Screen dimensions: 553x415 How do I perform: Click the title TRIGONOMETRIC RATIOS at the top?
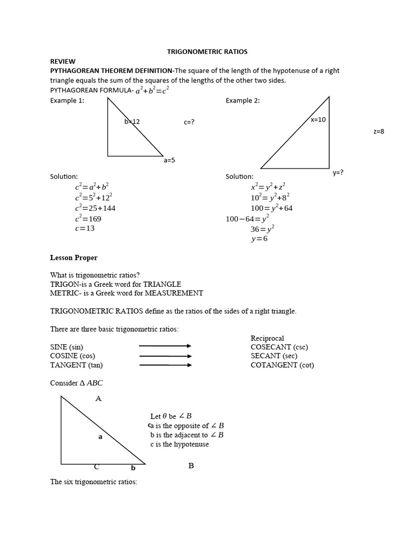click(207, 52)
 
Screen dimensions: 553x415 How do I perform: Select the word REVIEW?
click(63, 62)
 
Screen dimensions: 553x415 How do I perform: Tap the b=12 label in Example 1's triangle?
click(132, 122)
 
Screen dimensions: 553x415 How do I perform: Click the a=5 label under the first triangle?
click(169, 160)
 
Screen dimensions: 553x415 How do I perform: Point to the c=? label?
click(189, 122)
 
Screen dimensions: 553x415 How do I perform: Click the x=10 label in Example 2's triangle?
click(318, 119)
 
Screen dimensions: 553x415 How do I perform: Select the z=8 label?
click(378, 131)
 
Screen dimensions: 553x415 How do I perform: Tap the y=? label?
click(338, 173)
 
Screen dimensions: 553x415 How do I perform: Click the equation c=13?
click(85, 228)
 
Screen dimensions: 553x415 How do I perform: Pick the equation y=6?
click(259, 239)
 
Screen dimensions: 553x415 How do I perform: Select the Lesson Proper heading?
click(74, 258)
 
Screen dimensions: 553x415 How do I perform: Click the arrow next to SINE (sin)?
click(165, 347)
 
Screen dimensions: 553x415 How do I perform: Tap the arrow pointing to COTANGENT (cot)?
click(165, 365)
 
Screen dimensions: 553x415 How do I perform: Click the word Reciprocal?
click(267, 338)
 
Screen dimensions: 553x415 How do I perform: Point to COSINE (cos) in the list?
click(72, 356)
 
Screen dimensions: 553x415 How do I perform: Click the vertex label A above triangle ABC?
click(98, 399)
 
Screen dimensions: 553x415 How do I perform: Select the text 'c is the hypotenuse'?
click(179, 444)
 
